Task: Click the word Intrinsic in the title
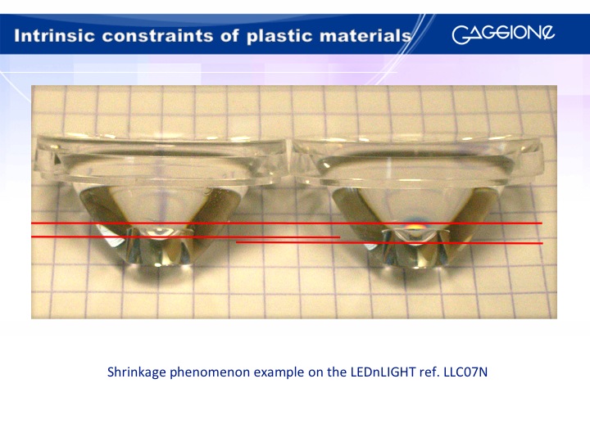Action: pyautogui.click(x=55, y=36)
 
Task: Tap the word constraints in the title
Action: pyautogui.click(x=170, y=36)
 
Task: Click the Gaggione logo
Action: pyautogui.click(x=503, y=34)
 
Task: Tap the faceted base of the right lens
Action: pyautogui.click(x=415, y=247)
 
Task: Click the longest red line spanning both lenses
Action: pyautogui.click(x=286, y=223)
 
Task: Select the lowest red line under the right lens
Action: pyautogui.click(x=389, y=243)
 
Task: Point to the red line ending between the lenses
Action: pyautogui.click(x=185, y=237)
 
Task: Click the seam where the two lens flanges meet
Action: pyautogui.click(x=290, y=161)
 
